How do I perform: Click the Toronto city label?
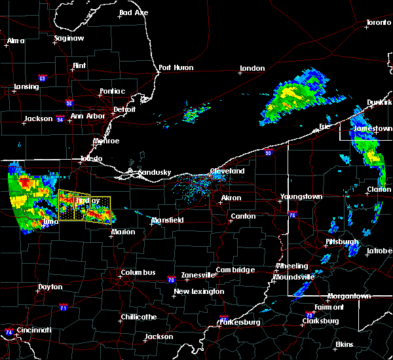pyautogui.click(x=378, y=22)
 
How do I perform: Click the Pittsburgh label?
pyautogui.click(x=342, y=242)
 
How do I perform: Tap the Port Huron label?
pyautogui.click(x=174, y=67)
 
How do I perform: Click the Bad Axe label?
pyautogui.click(x=134, y=13)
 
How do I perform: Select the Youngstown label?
pyautogui.click(x=301, y=196)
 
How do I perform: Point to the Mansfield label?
pyautogui.click(x=168, y=221)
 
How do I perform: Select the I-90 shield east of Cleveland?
pyautogui.click(x=268, y=153)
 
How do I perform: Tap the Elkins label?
pyautogui.click(x=345, y=344)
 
